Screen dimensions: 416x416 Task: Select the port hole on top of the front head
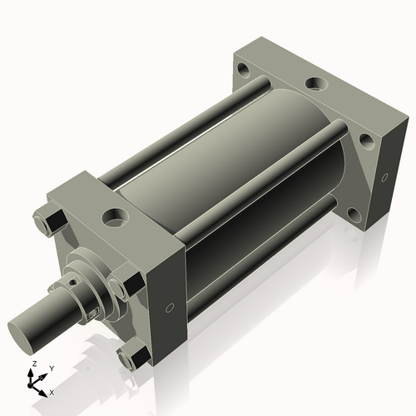point(111,218)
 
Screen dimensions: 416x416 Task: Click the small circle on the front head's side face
point(171,307)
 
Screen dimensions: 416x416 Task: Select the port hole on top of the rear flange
point(316,83)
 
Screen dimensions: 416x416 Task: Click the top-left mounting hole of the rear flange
point(242,69)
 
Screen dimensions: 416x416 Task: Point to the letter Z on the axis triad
point(32,364)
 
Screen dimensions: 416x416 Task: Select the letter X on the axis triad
point(52,390)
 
